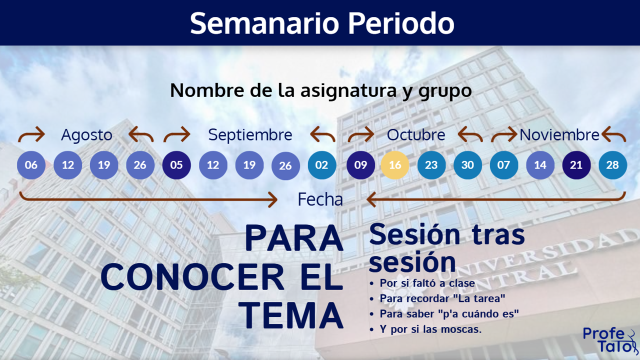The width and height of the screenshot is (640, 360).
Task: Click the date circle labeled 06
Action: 31,165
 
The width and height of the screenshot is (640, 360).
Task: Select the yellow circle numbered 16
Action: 395,165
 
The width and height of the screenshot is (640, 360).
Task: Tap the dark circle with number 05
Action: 176,165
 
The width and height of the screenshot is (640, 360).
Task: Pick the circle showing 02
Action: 322,165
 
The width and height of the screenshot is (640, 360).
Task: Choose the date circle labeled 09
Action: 360,165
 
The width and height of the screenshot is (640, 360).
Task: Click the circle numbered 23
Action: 431,165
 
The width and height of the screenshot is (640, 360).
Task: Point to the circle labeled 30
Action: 467,165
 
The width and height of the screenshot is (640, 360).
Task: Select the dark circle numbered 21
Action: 576,165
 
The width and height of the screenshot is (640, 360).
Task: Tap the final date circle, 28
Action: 612,165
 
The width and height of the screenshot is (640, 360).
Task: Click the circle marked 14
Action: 540,165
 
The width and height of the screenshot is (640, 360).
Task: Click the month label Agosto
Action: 86,135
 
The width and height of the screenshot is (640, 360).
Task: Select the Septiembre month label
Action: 250,135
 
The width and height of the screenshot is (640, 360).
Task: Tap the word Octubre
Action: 416,135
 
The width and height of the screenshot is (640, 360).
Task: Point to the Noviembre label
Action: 559,135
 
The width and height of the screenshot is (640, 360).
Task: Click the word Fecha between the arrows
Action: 320,199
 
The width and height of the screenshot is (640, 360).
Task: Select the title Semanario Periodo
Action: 322,23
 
